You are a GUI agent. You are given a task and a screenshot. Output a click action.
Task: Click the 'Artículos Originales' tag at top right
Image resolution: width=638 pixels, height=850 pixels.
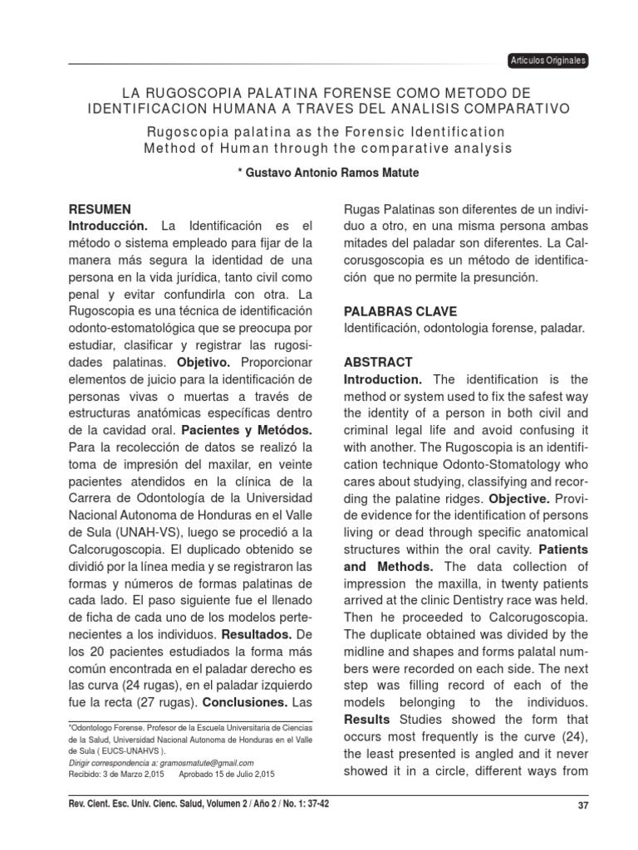pyautogui.click(x=548, y=61)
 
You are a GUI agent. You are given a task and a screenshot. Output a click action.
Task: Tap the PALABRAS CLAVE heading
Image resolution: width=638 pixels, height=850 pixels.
pyautogui.click(x=400, y=311)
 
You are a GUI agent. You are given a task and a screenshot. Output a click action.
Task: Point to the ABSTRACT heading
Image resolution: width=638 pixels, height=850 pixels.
pyautogui.click(x=377, y=362)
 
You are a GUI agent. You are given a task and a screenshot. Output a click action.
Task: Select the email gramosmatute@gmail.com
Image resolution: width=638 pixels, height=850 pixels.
pyautogui.click(x=202, y=762)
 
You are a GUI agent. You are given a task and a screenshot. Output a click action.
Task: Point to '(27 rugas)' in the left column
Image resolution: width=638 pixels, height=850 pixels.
pyautogui.click(x=163, y=701)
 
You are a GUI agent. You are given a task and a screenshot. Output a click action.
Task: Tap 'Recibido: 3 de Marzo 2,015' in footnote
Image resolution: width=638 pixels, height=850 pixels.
pyautogui.click(x=115, y=774)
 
